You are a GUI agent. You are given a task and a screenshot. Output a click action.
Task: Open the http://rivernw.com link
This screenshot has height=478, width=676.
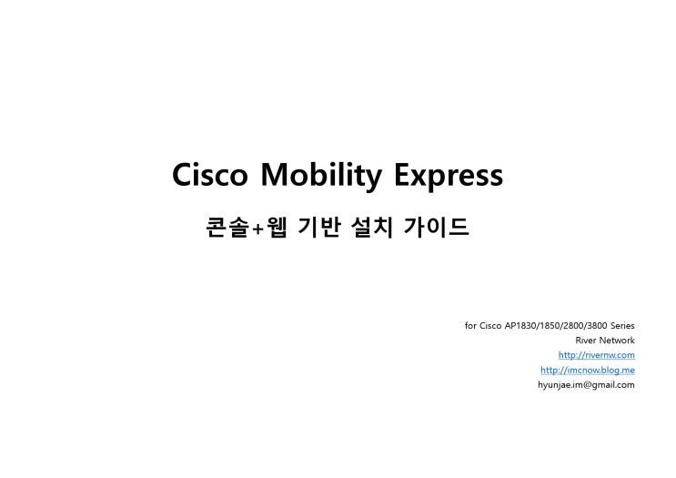[x=596, y=355]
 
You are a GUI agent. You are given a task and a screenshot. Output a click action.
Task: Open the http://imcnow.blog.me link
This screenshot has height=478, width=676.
[x=587, y=370]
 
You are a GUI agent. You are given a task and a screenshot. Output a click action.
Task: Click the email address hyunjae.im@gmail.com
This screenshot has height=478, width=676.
[x=586, y=385]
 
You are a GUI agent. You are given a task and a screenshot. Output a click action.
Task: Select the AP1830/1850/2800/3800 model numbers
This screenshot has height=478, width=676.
[x=556, y=325]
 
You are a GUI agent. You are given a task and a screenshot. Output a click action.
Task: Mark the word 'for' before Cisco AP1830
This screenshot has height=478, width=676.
[x=470, y=325]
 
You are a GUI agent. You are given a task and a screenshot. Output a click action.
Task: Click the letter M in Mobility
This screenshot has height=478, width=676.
[x=275, y=174]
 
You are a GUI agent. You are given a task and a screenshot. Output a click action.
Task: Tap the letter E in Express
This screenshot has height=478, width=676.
[x=403, y=174]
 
